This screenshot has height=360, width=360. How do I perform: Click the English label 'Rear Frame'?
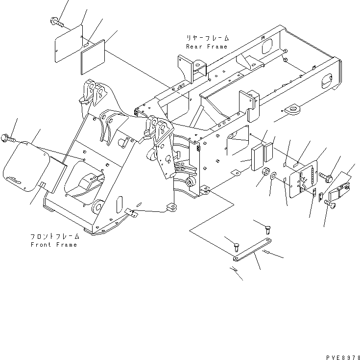click(206, 47)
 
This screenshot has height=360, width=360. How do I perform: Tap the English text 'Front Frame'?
click(53, 245)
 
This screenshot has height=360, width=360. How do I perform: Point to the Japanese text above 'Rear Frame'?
click(207, 38)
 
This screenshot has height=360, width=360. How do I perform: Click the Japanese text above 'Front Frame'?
click(53, 236)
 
